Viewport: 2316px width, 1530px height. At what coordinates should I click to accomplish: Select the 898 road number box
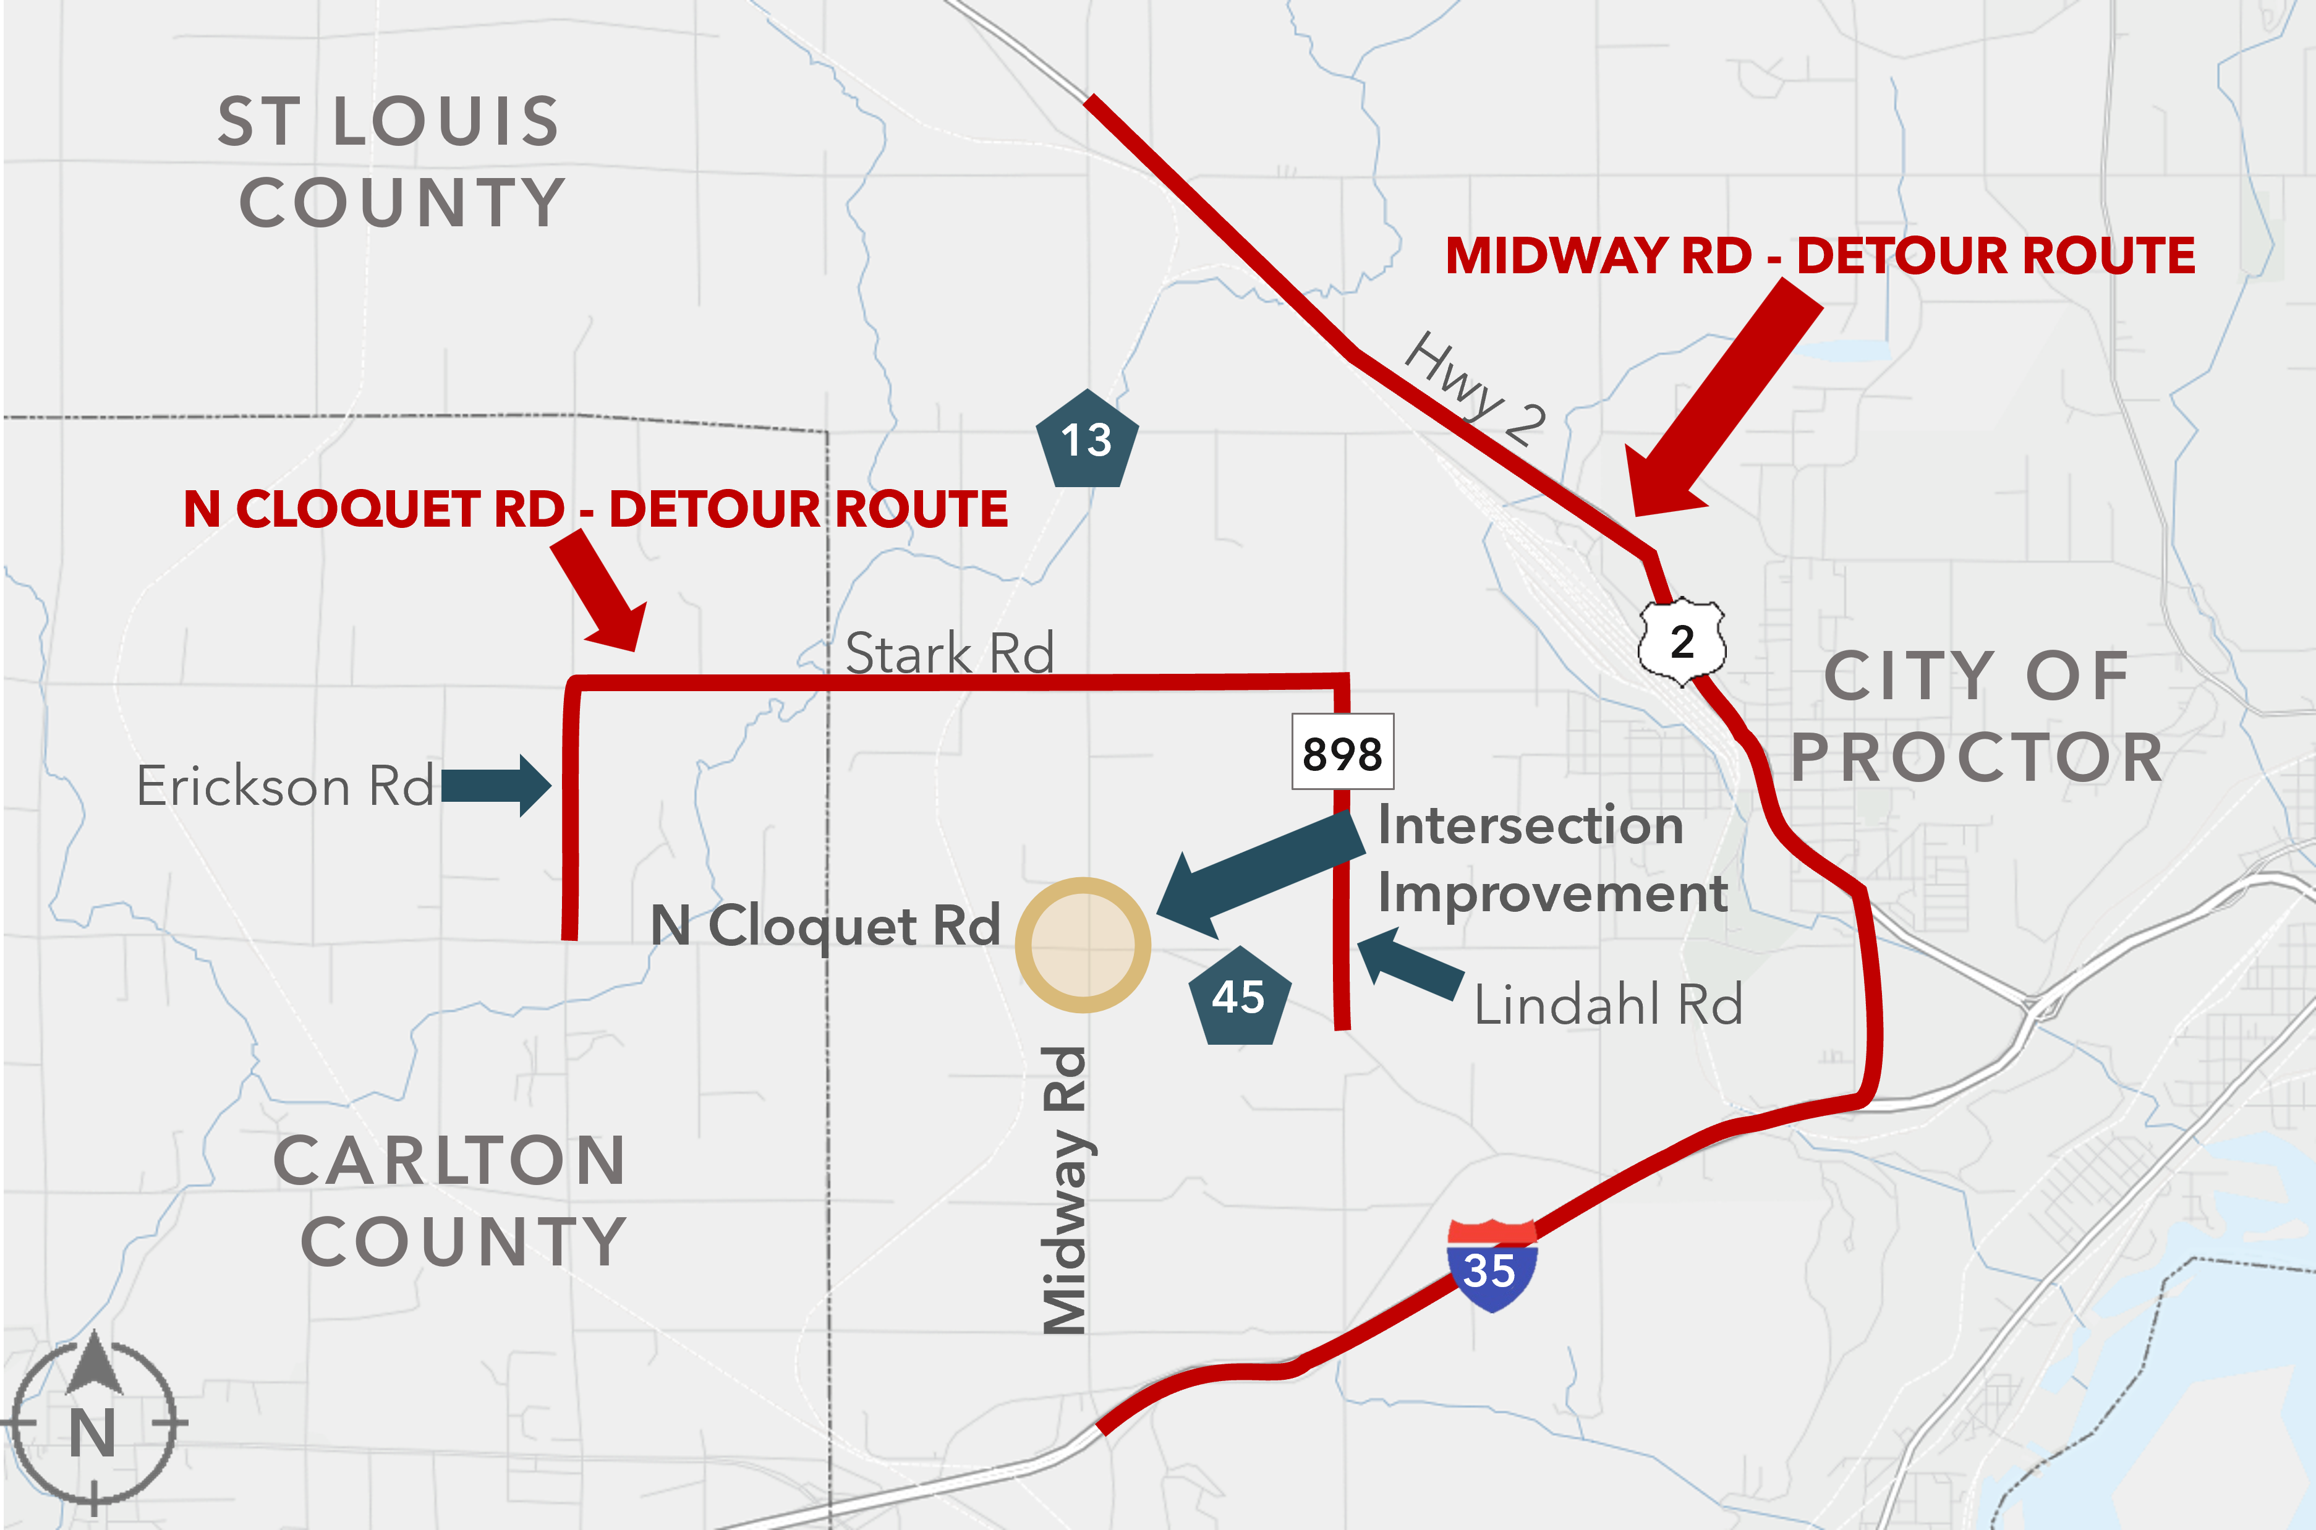[1342, 752]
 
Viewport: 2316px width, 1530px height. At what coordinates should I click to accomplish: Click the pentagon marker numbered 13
[1086, 440]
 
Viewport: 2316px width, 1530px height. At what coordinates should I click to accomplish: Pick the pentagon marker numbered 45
[1238, 997]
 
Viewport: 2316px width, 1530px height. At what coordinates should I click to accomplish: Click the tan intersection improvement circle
[1083, 945]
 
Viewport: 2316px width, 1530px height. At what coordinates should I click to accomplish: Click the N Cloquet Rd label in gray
[825, 925]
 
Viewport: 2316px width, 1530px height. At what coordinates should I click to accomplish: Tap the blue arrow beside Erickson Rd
[497, 786]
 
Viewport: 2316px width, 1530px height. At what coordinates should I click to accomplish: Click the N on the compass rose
[93, 1434]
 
